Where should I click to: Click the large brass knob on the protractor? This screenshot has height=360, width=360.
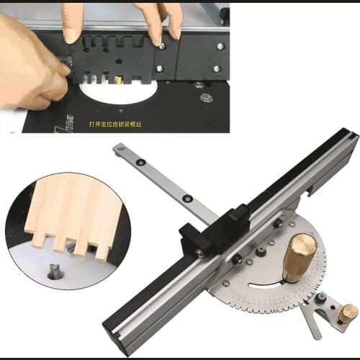coord(298,255)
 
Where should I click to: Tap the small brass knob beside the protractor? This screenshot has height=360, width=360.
coord(348,312)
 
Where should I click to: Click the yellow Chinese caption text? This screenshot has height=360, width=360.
coord(130,124)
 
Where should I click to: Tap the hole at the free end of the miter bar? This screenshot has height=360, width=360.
coord(120,149)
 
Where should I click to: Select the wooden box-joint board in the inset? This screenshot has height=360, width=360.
coord(68,209)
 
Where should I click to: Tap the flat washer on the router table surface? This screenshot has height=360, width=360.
coord(207,96)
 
